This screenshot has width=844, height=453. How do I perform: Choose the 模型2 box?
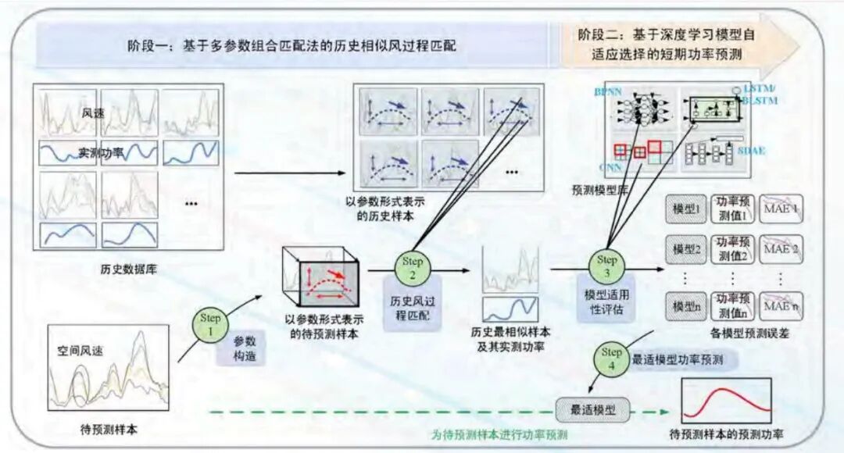[x=685, y=251]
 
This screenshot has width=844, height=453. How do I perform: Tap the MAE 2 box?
[x=781, y=250]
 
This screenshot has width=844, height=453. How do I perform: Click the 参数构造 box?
[x=245, y=349]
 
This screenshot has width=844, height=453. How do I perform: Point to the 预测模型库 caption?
[x=599, y=188]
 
